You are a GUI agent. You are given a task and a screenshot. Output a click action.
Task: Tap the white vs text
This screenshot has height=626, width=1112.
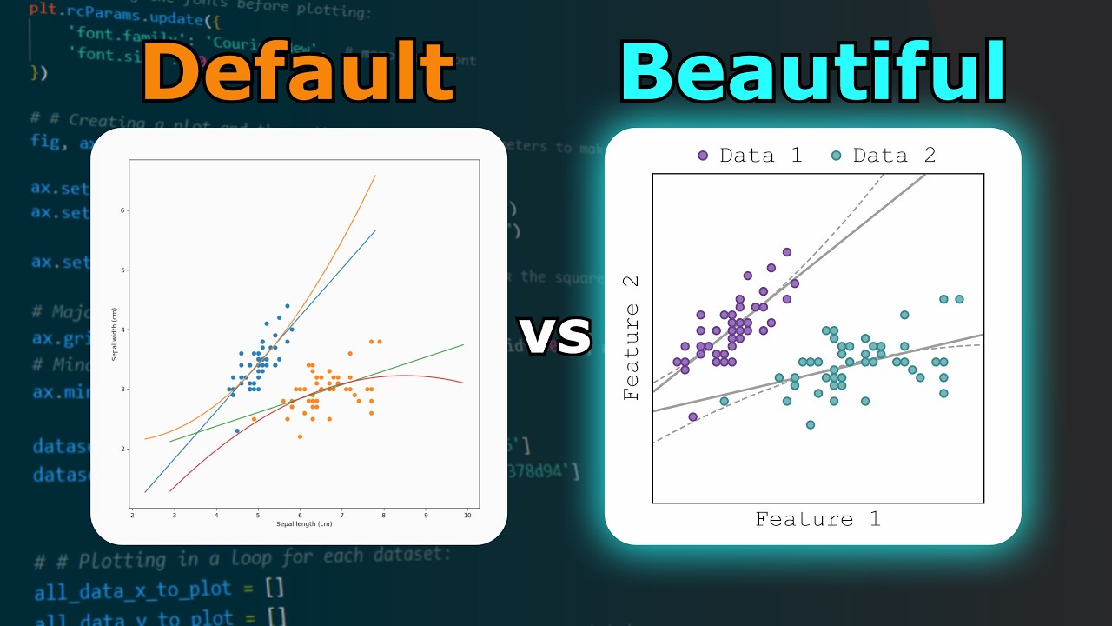pyautogui.click(x=556, y=334)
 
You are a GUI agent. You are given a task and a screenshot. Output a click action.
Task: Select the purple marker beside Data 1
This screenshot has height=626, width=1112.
pyautogui.click(x=703, y=156)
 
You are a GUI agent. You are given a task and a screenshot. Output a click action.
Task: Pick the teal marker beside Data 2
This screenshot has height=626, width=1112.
pyautogui.click(x=837, y=156)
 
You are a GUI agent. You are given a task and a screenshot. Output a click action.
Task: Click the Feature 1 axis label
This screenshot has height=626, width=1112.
pyautogui.click(x=817, y=520)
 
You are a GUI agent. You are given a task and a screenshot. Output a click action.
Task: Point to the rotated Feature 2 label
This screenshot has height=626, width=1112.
pyautogui.click(x=632, y=338)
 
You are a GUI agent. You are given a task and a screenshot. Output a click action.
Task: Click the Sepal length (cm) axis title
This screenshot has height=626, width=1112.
pyautogui.click(x=304, y=524)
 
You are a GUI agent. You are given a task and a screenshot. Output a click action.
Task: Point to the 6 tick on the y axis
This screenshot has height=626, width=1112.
pyautogui.click(x=122, y=210)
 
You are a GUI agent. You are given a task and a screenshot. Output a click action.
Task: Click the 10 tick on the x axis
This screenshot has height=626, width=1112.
pyautogui.click(x=467, y=516)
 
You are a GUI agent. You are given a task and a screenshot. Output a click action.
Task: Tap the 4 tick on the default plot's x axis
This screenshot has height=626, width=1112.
pyautogui.click(x=216, y=516)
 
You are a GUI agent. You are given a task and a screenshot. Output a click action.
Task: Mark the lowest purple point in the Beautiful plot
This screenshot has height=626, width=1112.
pyautogui.click(x=692, y=417)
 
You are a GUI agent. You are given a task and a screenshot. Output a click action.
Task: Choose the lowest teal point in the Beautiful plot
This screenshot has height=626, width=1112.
pyautogui.click(x=811, y=425)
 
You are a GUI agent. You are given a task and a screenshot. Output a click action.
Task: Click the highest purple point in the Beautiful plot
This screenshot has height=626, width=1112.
pyautogui.click(x=787, y=252)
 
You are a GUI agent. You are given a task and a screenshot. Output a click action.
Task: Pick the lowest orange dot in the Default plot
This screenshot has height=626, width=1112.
pyautogui.click(x=300, y=436)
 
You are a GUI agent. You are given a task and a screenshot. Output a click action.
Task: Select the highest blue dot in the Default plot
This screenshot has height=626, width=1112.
pyautogui.click(x=288, y=306)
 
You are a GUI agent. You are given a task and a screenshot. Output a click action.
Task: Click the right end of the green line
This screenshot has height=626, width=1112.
pyautogui.click(x=463, y=344)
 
